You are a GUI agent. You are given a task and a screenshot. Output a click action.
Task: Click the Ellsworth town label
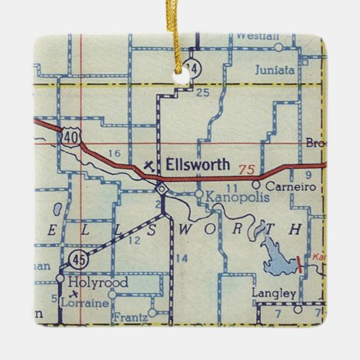[199, 165]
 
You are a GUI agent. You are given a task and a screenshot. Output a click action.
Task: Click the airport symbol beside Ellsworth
[150, 164]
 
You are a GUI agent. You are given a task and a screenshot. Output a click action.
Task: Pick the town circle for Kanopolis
[198, 194]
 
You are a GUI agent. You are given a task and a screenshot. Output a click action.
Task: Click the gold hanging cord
[183, 34]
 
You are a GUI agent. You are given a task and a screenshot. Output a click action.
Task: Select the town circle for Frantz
[153, 313]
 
